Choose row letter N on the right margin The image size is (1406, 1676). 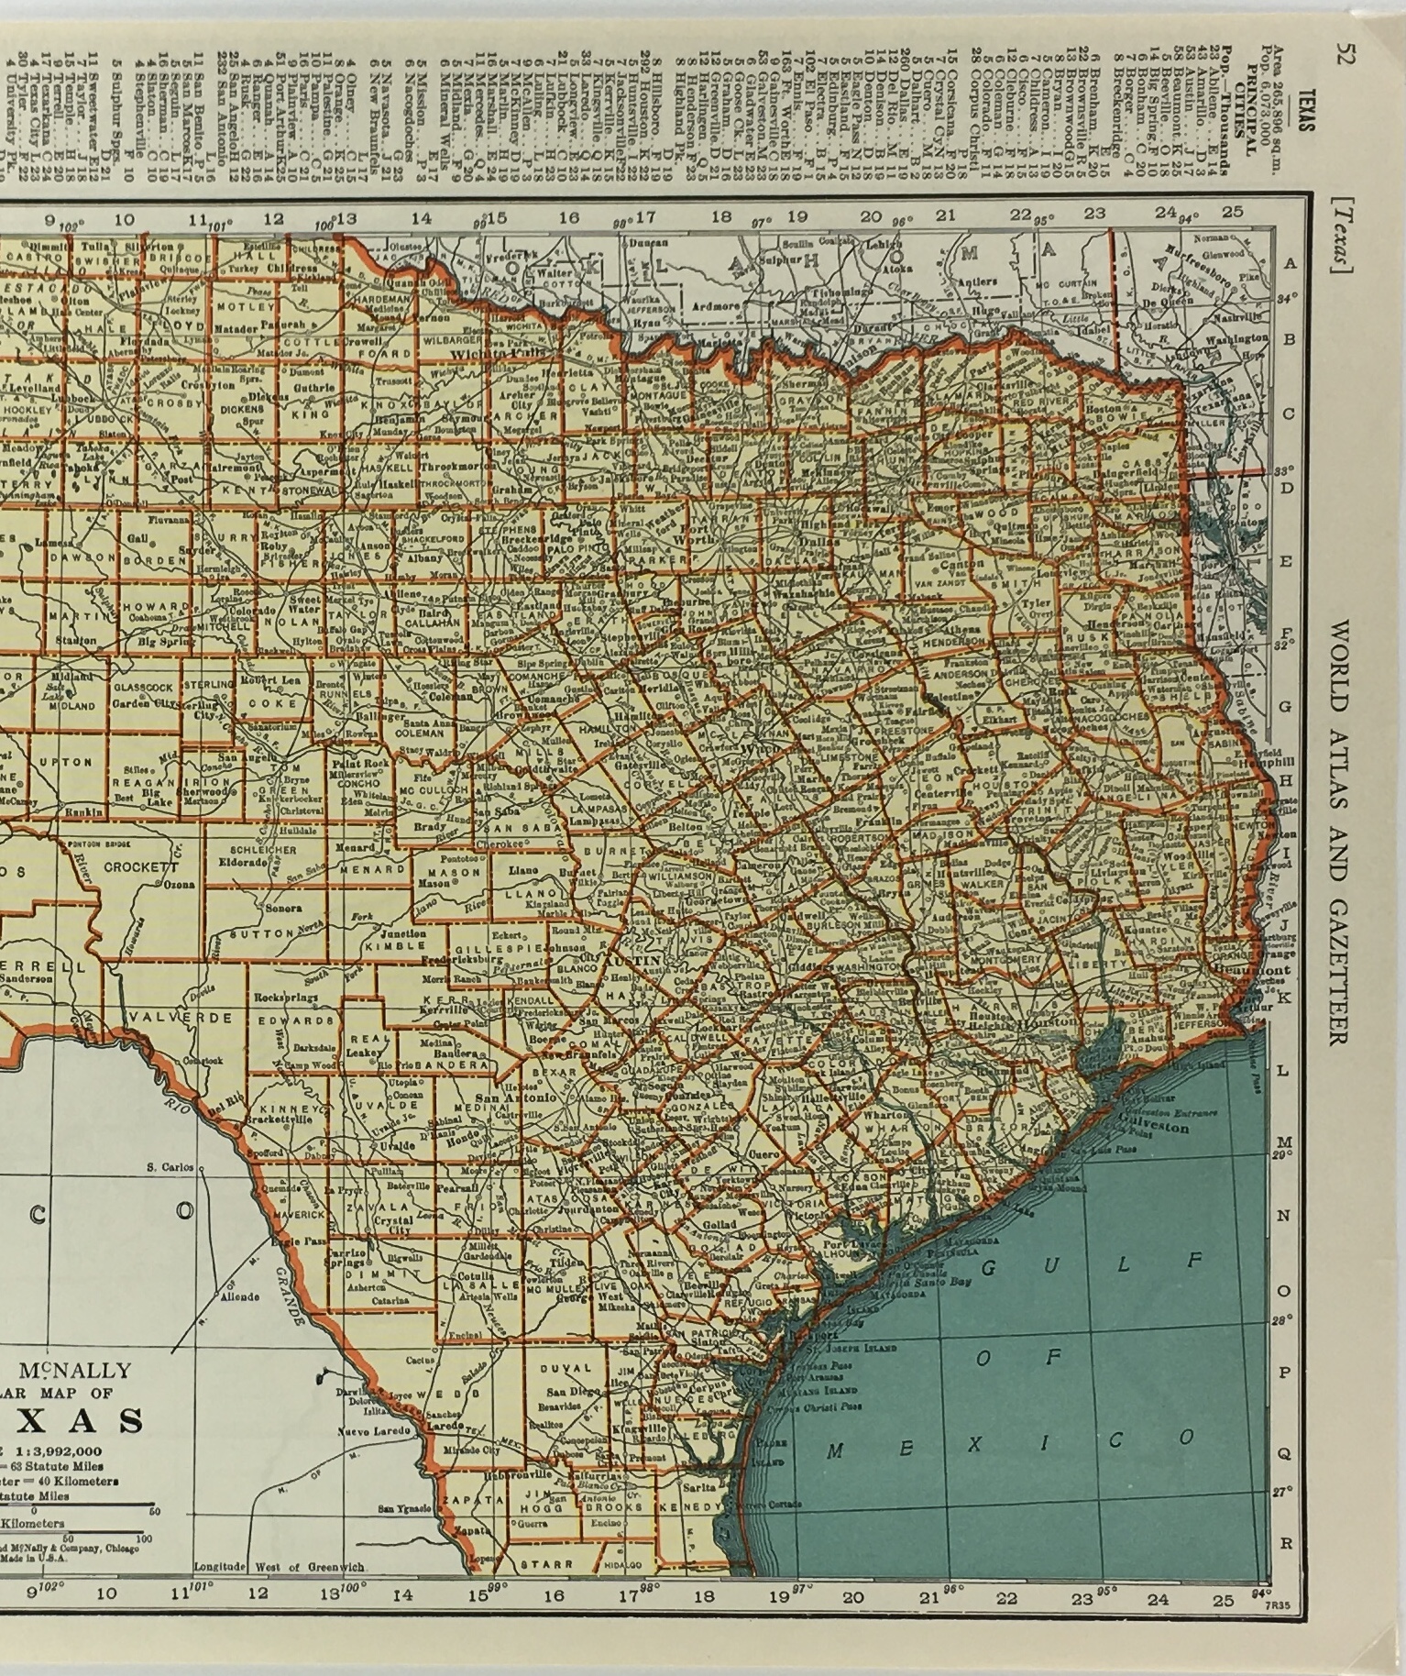1285,1216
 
